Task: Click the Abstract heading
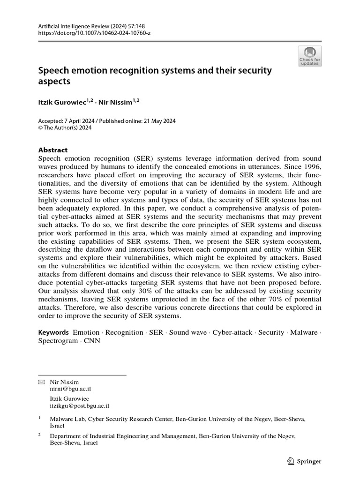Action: click(x=52, y=150)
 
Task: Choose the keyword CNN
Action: click(x=92, y=341)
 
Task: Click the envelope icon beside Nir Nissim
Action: click(x=41, y=382)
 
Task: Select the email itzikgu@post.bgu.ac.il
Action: click(x=79, y=406)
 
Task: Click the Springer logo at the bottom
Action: click(x=304, y=461)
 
